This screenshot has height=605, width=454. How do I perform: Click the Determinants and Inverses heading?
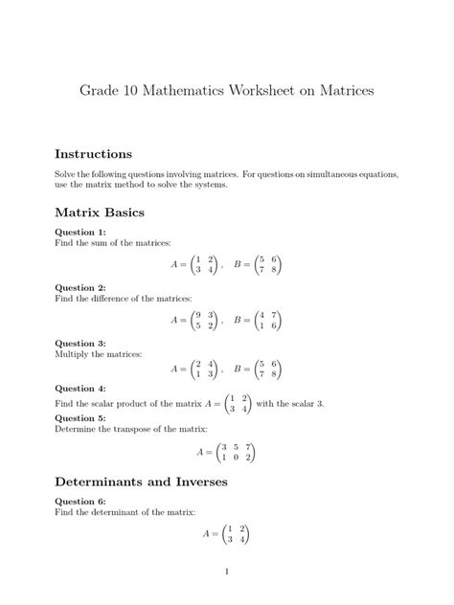tap(141, 482)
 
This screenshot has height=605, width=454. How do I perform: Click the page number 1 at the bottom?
tap(227, 572)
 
